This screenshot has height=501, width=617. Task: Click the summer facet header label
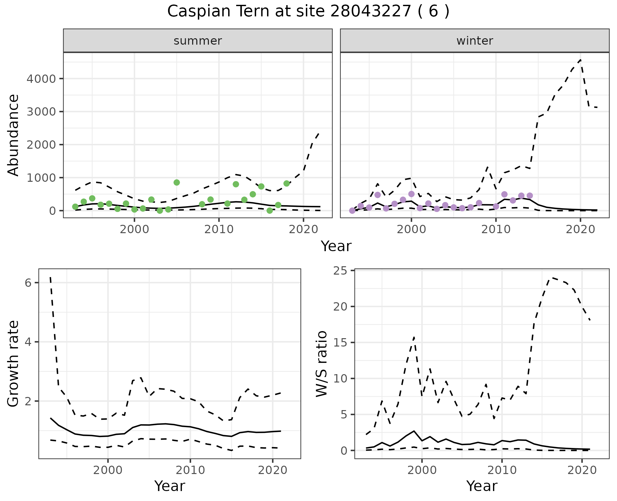[198, 41]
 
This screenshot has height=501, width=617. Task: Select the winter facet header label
[475, 41]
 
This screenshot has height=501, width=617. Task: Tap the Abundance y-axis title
[13, 135]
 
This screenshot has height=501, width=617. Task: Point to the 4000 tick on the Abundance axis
[41, 79]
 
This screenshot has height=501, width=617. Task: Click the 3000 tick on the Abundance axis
[41, 112]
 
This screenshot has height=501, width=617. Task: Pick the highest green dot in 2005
[176, 182]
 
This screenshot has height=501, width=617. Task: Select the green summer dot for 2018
[287, 183]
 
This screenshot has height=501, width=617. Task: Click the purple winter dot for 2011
[504, 194]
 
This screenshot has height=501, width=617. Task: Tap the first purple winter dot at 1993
[352, 211]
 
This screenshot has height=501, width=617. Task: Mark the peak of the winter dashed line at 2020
[580, 60]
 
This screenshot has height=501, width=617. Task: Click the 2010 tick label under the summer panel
[219, 230]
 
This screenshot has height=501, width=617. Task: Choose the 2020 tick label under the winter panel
[580, 230]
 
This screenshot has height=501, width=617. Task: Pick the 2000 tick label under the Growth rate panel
[108, 470]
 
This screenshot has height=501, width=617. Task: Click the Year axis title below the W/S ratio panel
[482, 486]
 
